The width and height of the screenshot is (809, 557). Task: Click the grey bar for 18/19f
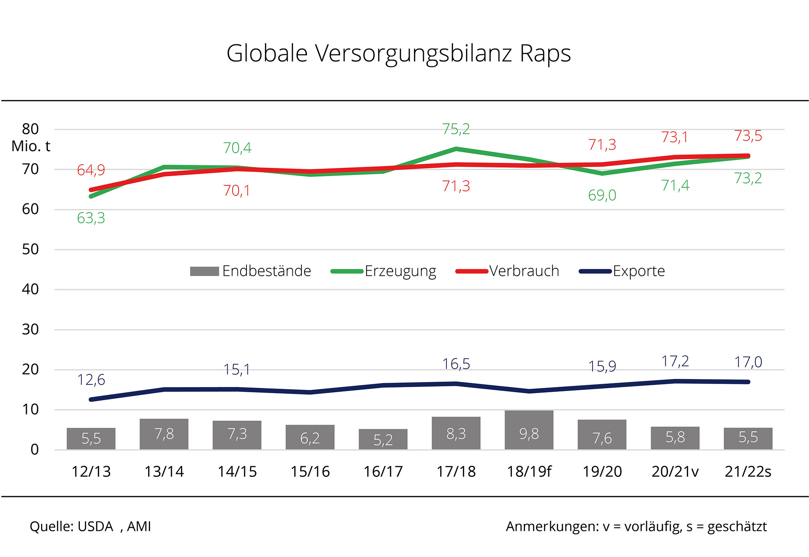coord(529,430)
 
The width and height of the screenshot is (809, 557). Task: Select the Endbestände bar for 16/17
coord(383,439)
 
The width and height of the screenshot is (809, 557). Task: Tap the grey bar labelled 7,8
coord(164,434)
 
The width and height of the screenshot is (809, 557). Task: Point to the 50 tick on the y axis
coord(30,249)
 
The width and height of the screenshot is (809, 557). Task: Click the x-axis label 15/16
coord(310,471)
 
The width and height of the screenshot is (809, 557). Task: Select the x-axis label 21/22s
coord(748,471)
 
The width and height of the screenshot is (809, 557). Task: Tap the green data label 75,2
coord(456,129)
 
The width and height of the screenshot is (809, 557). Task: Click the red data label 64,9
coord(91,170)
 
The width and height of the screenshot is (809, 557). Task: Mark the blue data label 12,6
coord(91,380)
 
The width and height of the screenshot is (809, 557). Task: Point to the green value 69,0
coord(602,195)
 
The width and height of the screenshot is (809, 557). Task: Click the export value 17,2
coord(675,361)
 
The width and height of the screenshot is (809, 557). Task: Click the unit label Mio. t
coord(31,147)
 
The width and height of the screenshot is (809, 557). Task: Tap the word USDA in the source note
coord(96,527)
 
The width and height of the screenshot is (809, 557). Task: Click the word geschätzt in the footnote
coord(737,527)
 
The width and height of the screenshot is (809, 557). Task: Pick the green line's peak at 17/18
coord(456,149)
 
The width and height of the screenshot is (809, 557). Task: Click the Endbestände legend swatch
coord(204,271)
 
